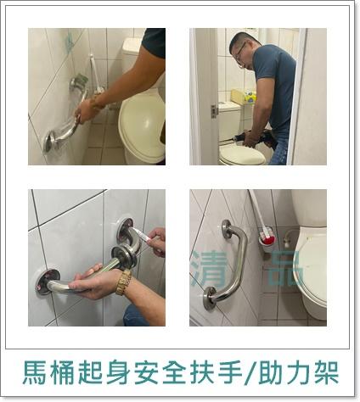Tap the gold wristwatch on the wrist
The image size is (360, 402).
(124, 282)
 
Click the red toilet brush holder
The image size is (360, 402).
(271, 238)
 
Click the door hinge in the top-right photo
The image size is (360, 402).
(214, 110)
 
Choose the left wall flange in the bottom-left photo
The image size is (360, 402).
(47, 282)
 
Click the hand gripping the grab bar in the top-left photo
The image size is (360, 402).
(86, 109)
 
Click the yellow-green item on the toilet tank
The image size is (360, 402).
(237, 95)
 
